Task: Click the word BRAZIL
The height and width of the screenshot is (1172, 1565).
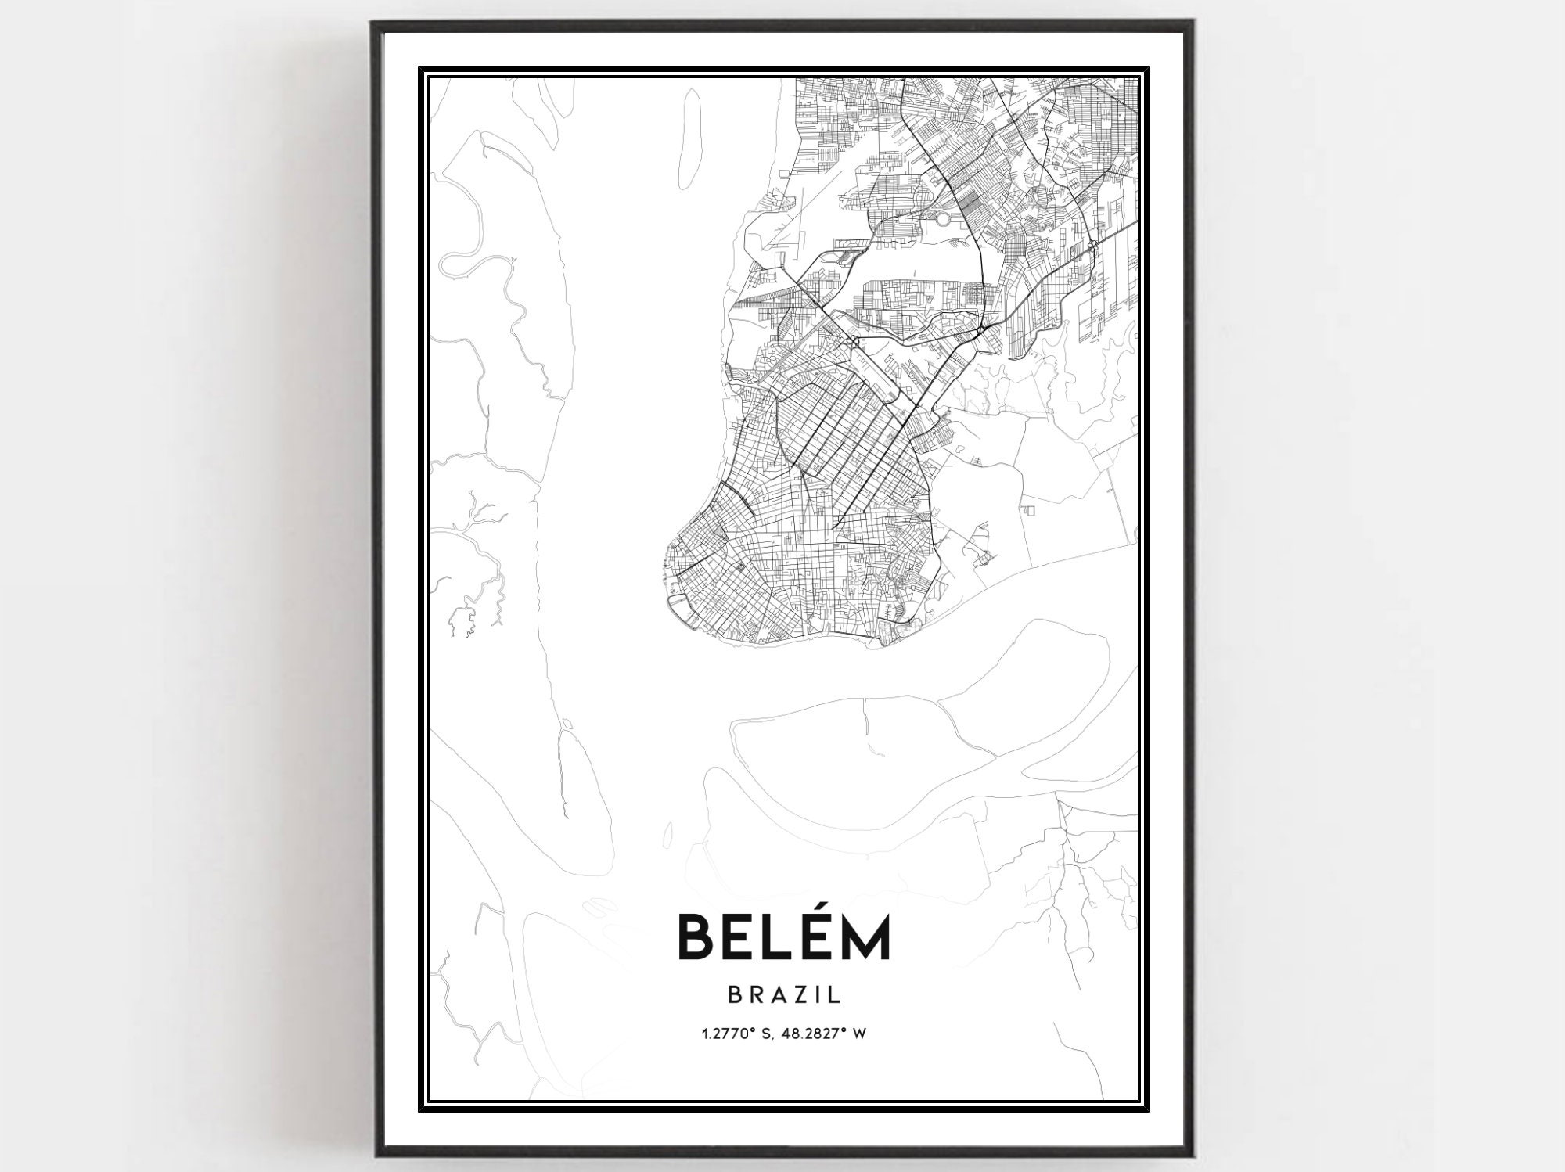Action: [784, 994]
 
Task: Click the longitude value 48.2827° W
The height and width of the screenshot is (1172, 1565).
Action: [820, 1034]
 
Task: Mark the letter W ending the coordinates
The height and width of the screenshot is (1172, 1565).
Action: [859, 1034]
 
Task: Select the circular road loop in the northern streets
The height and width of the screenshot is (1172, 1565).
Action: [944, 220]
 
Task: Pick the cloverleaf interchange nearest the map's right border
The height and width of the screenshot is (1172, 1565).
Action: [1091, 248]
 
